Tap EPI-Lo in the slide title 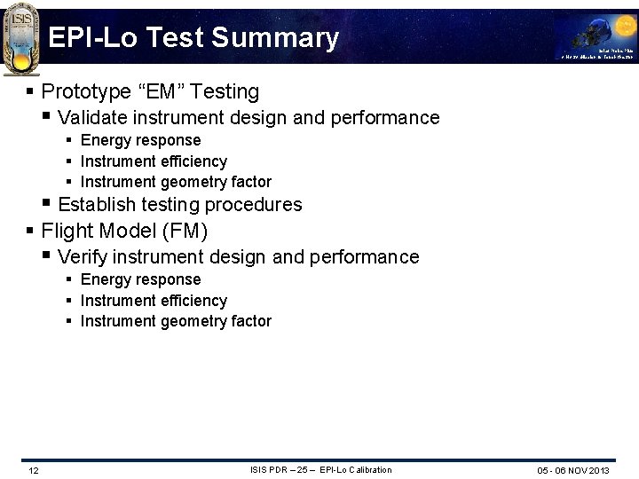pos(97,38)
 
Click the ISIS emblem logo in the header pos(20,37)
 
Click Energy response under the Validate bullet pos(140,140)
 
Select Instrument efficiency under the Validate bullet pos(154,161)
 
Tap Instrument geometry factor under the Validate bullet pos(176,182)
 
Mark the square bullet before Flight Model pos(31,231)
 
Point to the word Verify pos(81,257)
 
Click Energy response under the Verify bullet pos(140,279)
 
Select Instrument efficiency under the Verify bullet pos(154,301)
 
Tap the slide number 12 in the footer pos(33,470)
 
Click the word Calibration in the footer pos(367,469)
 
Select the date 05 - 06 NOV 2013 pos(573,470)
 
